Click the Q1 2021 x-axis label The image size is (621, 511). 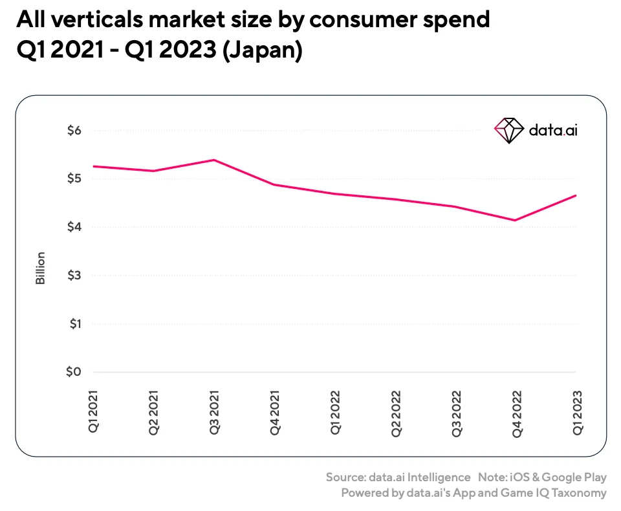(x=94, y=410)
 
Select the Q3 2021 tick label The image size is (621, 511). (x=214, y=410)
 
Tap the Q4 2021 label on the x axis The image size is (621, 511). (x=275, y=410)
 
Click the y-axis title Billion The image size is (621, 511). (x=40, y=268)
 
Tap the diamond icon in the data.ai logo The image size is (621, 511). (x=508, y=130)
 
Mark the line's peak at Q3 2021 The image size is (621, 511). (x=214, y=160)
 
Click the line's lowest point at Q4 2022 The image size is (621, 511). (x=515, y=220)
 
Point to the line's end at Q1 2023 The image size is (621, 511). (x=576, y=195)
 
